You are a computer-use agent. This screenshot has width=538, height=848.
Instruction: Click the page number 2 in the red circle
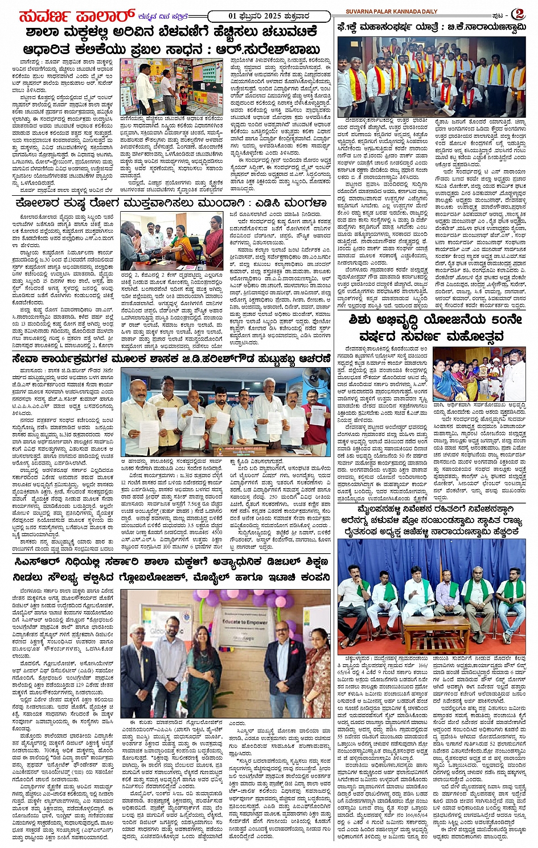[x=517, y=14]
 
